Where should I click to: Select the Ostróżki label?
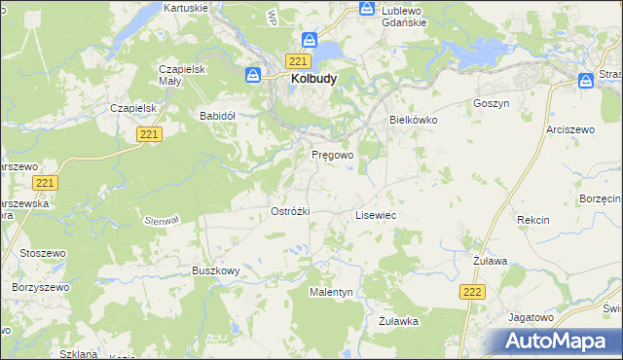[x=289, y=211]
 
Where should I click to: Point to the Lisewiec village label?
[x=375, y=215]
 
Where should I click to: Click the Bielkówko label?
[x=414, y=120]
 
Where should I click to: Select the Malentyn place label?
[x=331, y=292]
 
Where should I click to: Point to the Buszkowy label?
[x=215, y=270]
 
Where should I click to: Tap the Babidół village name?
[x=218, y=115]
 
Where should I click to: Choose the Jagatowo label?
[x=531, y=317]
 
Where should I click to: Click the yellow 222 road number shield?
[x=472, y=291]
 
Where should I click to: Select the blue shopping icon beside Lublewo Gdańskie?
[x=366, y=8]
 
